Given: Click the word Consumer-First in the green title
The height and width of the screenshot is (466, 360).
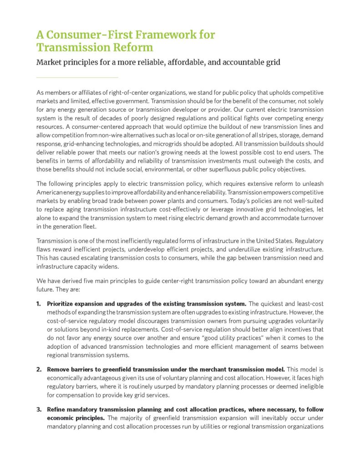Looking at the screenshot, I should pyautogui.click(x=99, y=35).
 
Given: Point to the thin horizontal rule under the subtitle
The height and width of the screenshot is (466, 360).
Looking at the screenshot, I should pyautogui.click(x=77, y=77).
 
